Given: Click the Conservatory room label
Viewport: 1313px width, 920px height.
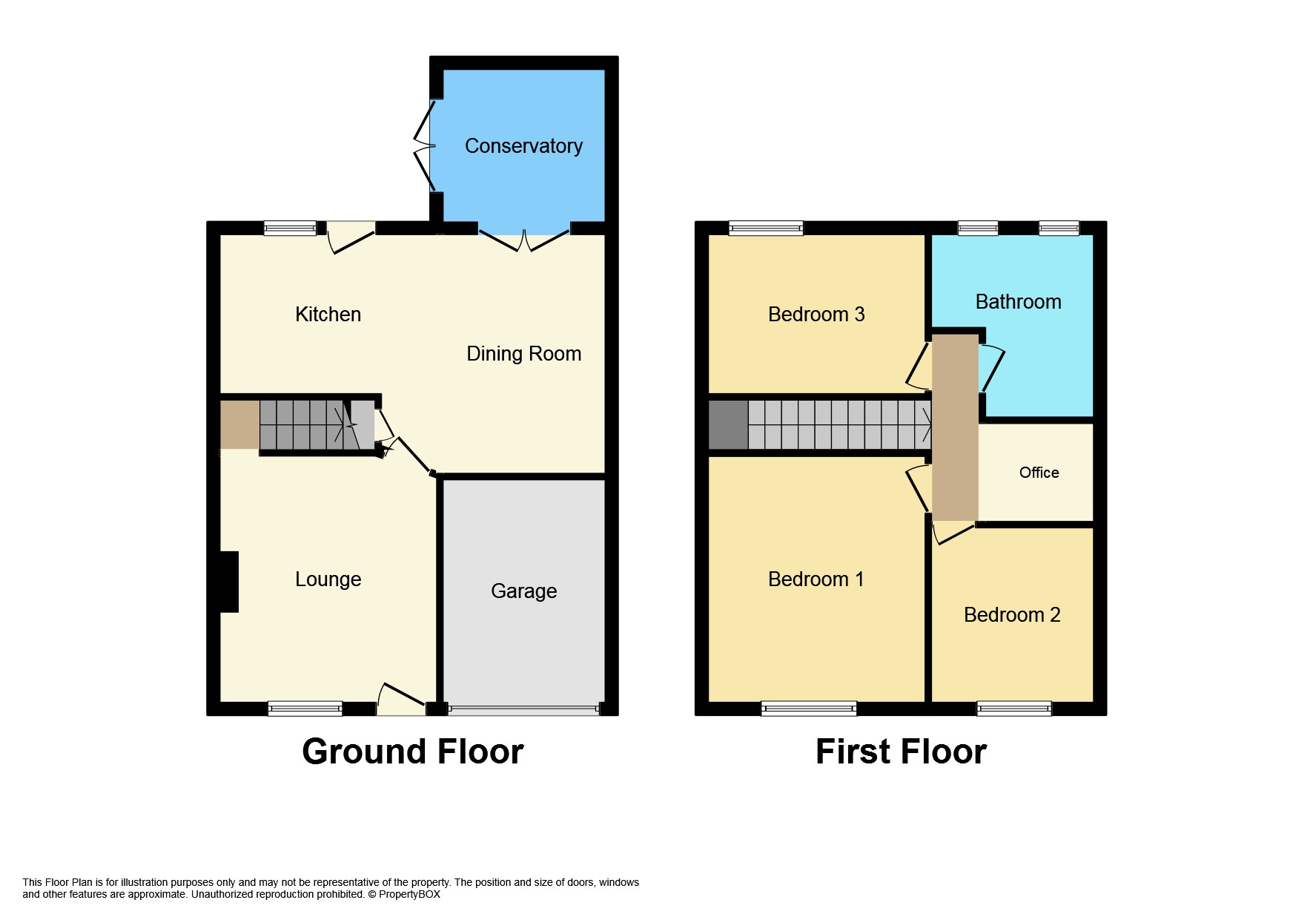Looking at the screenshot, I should [523, 146].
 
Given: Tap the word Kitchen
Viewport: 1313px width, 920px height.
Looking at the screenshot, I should [328, 315].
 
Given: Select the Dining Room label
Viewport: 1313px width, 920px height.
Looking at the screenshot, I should [523, 354].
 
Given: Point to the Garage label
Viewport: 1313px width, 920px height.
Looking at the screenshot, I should [523, 591].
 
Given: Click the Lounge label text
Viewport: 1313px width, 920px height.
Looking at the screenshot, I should [328, 579].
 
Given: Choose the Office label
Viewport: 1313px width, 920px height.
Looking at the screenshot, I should [1039, 473].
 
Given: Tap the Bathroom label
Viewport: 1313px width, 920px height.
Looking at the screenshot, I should [1018, 302].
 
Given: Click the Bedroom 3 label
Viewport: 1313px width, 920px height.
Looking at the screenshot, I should [816, 315].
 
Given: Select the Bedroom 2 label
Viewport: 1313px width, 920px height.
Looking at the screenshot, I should [1011, 615].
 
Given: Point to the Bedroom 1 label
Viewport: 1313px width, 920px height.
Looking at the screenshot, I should [816, 579].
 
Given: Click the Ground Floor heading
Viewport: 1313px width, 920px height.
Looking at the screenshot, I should [412, 752].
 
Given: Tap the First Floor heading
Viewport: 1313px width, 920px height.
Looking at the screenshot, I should [900, 752].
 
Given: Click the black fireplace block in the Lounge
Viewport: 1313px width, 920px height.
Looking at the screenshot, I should [229, 582].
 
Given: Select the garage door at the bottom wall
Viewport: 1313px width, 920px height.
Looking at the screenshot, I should [523, 710].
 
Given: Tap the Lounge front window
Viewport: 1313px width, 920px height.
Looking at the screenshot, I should [305, 709].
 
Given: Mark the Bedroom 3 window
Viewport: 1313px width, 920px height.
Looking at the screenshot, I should [766, 228].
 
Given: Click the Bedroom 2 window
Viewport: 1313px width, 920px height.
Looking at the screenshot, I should [1013, 709].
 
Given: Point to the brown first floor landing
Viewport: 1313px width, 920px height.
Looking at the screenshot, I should [955, 427].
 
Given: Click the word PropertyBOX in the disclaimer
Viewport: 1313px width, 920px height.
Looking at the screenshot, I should [409, 894].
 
